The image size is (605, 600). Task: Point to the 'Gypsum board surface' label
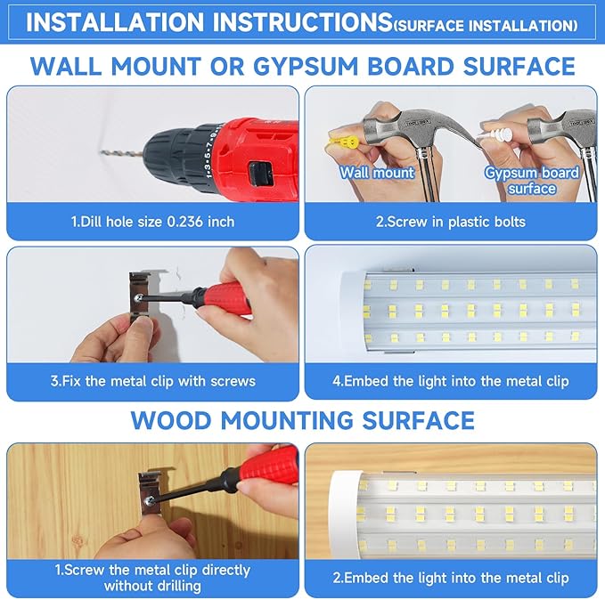tap(531, 180)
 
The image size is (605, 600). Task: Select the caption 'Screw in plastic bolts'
tap(450, 222)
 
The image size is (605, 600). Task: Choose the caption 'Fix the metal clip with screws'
tap(152, 381)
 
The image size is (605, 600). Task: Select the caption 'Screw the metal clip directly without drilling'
tap(152, 578)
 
